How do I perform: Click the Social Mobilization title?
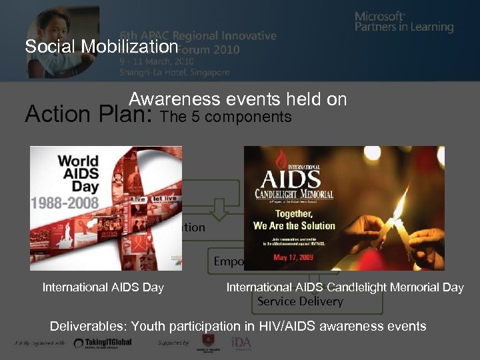click(x=101, y=47)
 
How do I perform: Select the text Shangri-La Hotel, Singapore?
click(x=175, y=72)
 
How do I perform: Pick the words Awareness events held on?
click(x=238, y=99)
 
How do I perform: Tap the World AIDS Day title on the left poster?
click(x=78, y=171)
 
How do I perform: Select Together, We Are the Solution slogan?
click(x=294, y=220)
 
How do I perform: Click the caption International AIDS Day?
click(x=103, y=287)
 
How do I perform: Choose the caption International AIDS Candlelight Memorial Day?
click(x=345, y=287)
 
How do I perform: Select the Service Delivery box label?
click(x=300, y=301)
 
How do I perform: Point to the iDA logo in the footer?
click(x=241, y=343)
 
